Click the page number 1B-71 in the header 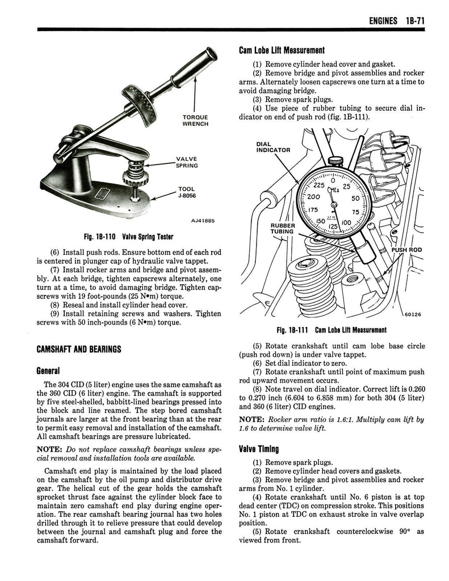pos(416,21)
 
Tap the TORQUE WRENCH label pos(195,120)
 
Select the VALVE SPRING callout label pos(187,162)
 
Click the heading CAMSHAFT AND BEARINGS pos(78,349)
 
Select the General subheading pos(48,371)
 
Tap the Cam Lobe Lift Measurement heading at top pos(282,50)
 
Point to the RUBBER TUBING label pos(282,228)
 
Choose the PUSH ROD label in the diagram pos(407,250)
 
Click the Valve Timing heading pos(258,449)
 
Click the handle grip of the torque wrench pos(195,66)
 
